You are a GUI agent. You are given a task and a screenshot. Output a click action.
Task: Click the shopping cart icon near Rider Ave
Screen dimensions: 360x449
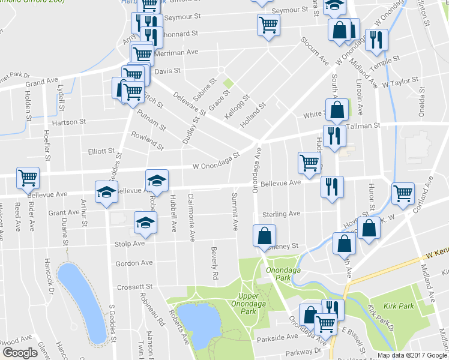(28, 178)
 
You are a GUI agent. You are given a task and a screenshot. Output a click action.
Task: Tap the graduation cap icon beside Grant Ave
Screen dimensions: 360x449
(106, 192)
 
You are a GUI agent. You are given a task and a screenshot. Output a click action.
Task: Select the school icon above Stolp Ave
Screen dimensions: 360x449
(145, 223)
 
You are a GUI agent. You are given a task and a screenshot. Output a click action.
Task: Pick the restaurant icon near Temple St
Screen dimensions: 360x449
(377, 40)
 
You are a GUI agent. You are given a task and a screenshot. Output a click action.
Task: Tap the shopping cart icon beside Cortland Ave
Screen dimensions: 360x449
(403, 193)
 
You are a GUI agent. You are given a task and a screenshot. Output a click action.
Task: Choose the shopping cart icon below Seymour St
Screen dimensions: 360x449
(268, 25)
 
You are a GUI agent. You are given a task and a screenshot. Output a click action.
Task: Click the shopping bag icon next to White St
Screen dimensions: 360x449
(337, 110)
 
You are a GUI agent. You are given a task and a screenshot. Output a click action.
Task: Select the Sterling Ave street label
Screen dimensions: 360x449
(286, 214)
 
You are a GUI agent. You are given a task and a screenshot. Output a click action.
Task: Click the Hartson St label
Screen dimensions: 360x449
(65, 122)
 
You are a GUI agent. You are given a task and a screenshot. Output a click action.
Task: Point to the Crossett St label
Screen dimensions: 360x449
(135, 287)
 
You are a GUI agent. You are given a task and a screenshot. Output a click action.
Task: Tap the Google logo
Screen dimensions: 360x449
(20, 353)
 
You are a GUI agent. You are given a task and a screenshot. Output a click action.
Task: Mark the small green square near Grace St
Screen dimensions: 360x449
(228, 84)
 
